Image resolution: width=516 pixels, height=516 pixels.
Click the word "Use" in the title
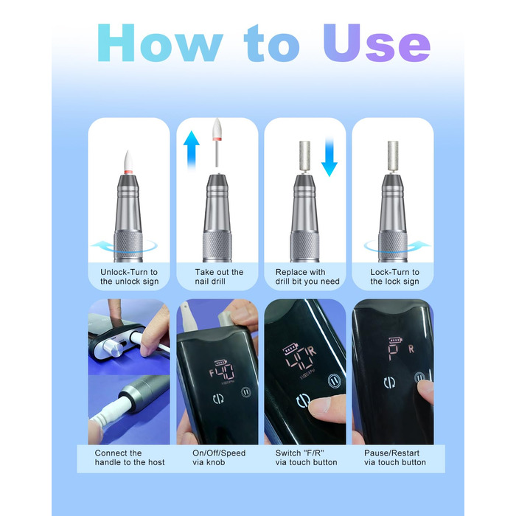click(x=377, y=43)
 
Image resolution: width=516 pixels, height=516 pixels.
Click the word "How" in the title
click(x=160, y=43)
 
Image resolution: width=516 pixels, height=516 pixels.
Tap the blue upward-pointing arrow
click(x=191, y=150)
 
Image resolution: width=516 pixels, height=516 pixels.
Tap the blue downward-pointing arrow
click(x=329, y=157)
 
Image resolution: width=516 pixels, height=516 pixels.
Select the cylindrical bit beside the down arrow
click(x=304, y=156)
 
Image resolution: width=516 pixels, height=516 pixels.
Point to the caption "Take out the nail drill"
click(x=219, y=276)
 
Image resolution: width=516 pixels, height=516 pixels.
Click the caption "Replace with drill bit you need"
click(x=307, y=276)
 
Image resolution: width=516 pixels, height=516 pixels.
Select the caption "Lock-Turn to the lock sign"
click(x=394, y=276)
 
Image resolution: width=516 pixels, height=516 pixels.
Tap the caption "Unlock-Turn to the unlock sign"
click(x=129, y=276)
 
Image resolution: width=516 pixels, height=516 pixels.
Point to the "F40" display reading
click(x=223, y=372)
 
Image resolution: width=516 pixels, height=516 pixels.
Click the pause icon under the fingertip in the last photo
click(x=419, y=377)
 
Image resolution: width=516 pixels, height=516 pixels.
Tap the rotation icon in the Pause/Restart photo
click(x=389, y=383)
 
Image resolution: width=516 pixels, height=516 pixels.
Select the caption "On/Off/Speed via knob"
click(x=219, y=458)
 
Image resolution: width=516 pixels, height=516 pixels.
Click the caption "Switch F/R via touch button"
click(x=306, y=458)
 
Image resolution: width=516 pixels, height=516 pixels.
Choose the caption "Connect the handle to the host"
click(x=130, y=458)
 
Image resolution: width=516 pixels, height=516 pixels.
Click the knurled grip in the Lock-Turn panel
click(x=392, y=246)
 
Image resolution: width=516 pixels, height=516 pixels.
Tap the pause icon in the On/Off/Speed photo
click(x=245, y=392)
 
